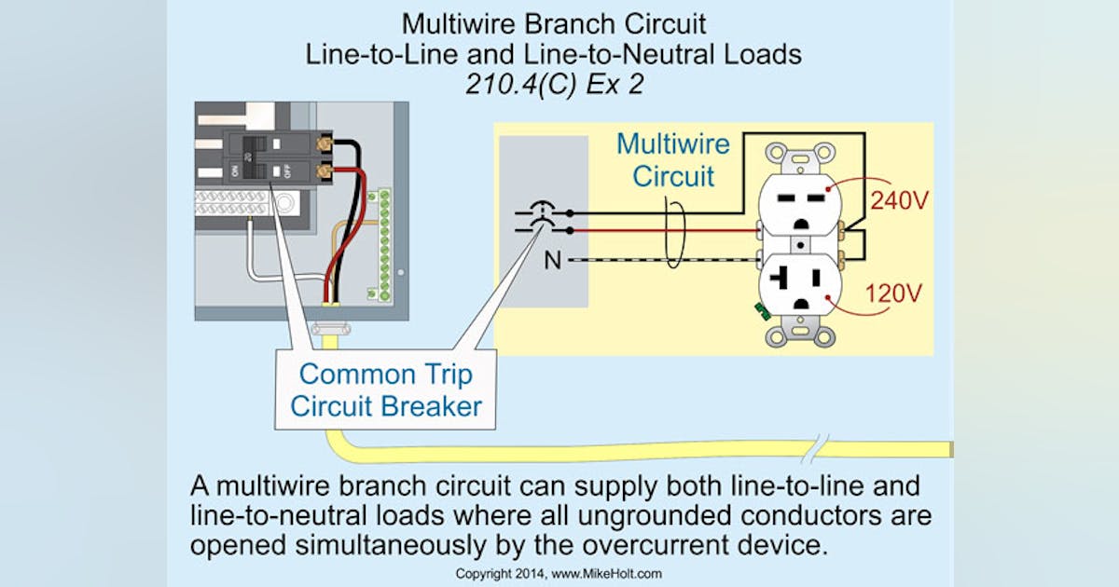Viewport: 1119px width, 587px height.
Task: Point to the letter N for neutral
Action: (x=553, y=260)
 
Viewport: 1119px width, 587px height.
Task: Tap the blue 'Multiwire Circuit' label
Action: (x=673, y=159)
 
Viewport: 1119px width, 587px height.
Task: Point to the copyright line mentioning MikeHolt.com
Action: (x=559, y=573)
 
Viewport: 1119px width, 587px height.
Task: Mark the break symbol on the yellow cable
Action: (x=822, y=444)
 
